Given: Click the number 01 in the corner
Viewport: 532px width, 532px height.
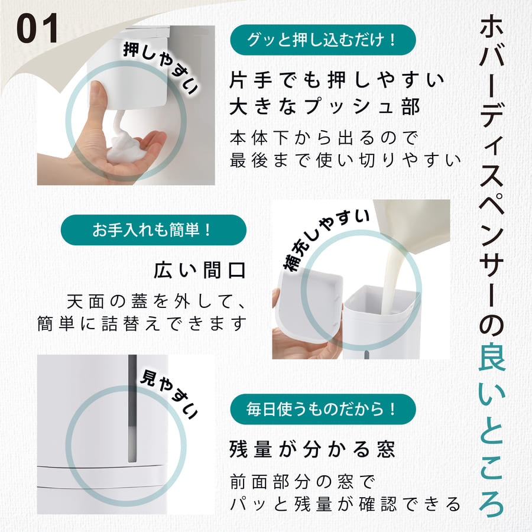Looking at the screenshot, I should pos(37,28).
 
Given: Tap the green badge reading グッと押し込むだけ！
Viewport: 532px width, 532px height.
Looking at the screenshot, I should pos(323,40).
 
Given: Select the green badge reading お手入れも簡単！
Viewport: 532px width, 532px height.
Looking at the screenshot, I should pos(153,230).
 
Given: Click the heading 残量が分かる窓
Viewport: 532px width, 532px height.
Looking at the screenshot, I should pos(312,449).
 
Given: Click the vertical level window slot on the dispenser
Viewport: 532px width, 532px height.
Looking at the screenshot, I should pos(132,408).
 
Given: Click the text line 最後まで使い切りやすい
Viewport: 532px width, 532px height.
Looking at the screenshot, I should pos(345,160).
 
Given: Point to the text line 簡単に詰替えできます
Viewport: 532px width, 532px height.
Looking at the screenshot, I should pos(140,325).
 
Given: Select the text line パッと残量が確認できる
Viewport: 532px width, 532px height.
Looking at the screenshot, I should pos(345,504).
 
